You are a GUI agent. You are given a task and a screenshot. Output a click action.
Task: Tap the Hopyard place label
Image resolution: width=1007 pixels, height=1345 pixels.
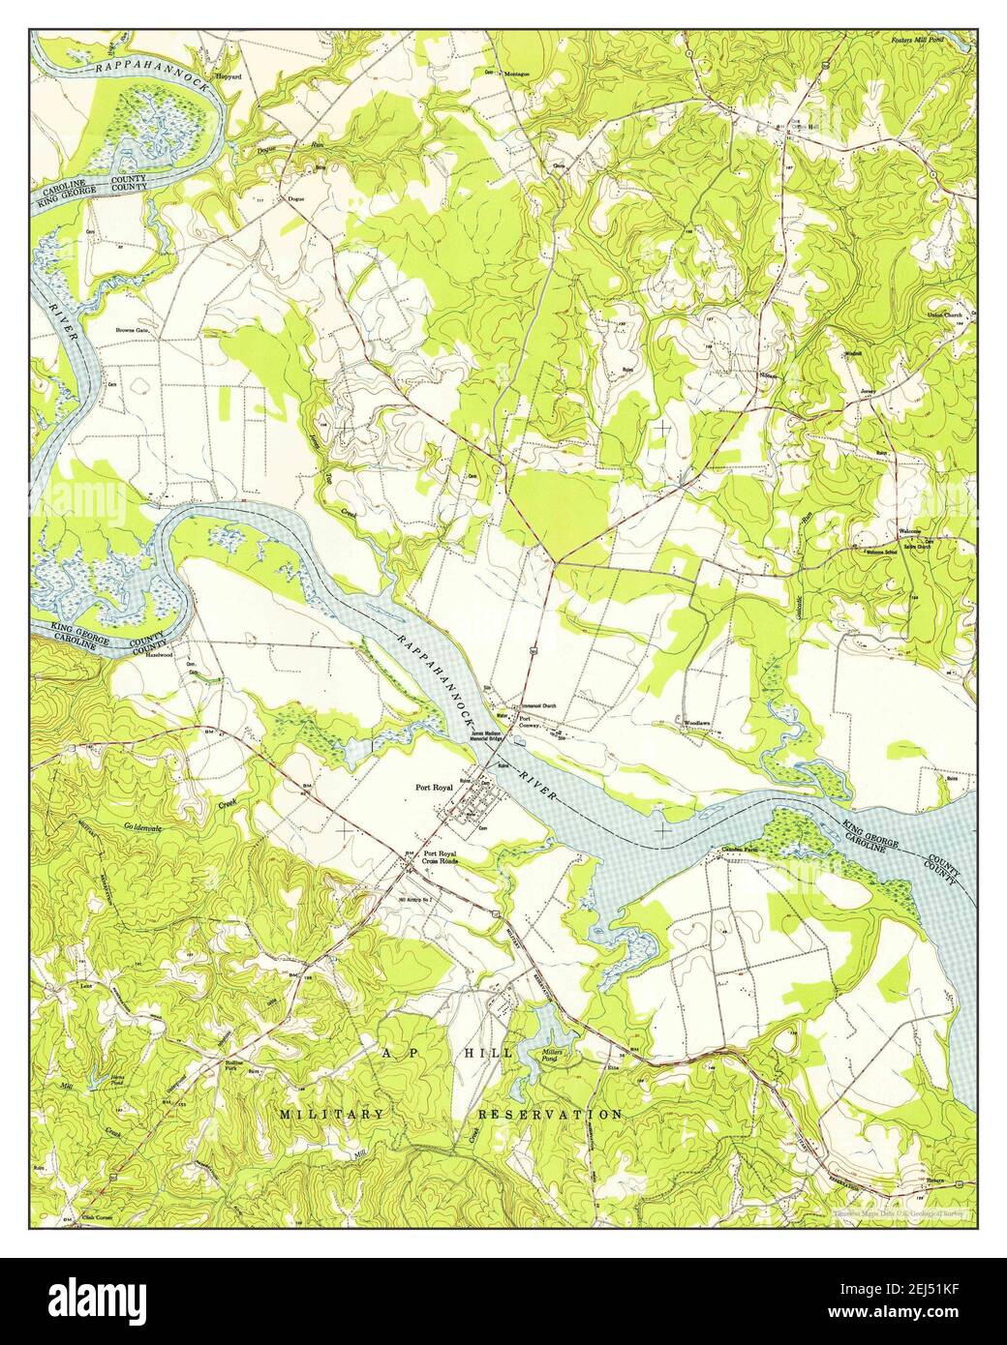click(x=229, y=75)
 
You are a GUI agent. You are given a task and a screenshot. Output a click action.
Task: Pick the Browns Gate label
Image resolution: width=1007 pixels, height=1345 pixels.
click(x=130, y=330)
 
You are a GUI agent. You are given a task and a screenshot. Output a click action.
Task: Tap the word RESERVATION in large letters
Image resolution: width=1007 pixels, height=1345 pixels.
click(x=550, y=1115)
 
